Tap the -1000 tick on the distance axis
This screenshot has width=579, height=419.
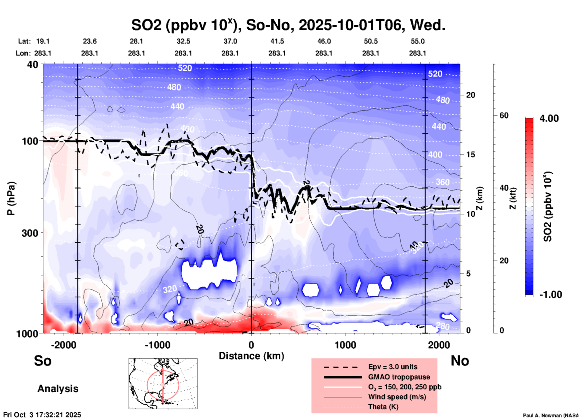(157, 345)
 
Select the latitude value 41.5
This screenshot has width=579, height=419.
(277, 41)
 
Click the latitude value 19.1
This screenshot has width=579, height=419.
(43, 41)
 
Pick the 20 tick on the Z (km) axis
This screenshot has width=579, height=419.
(470, 95)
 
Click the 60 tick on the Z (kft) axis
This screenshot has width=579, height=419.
(504, 115)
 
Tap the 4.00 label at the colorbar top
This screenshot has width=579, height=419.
(549, 118)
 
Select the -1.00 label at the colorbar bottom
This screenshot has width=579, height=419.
(550, 294)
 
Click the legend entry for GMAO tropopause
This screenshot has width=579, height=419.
(399, 377)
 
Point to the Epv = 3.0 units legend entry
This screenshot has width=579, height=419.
(393, 367)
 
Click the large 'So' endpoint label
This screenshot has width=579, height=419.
(43, 360)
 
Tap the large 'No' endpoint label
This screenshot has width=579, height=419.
(460, 360)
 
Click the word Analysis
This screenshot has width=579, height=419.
(58, 388)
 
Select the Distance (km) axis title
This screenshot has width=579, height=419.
(251, 356)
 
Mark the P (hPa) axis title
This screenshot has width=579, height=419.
(11, 198)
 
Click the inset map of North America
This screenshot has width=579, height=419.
(163, 383)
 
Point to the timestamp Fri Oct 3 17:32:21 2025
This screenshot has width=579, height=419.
(42, 415)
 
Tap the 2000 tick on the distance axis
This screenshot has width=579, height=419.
(439, 345)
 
